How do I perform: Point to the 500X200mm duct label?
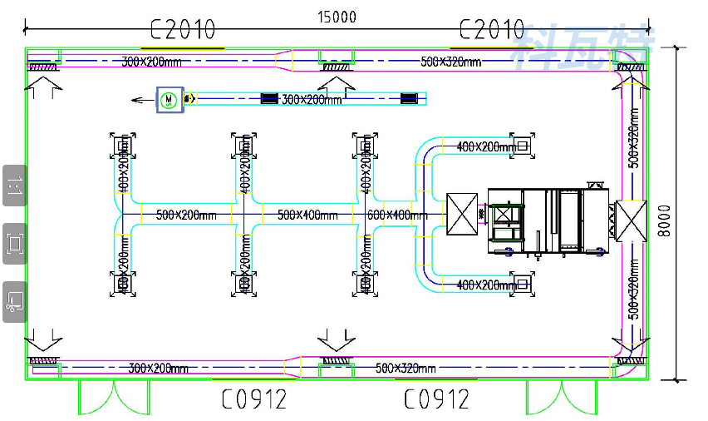(x=185, y=215)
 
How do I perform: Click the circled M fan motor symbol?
(x=169, y=100)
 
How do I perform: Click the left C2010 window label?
(x=183, y=30)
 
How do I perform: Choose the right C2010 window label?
(x=491, y=30)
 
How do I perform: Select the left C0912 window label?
(x=253, y=399)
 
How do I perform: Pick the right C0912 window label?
(x=436, y=399)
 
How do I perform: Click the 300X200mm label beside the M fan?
(x=312, y=100)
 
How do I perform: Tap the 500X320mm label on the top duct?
(x=450, y=62)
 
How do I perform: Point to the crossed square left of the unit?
(x=461, y=215)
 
